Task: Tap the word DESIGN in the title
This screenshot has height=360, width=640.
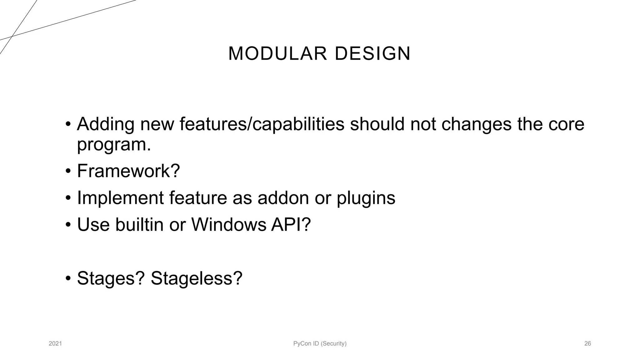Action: pos(372,53)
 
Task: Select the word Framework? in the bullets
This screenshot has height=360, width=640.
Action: pos(128,171)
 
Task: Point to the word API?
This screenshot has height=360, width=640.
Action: pos(291,225)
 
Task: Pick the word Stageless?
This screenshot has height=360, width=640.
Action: pos(196,278)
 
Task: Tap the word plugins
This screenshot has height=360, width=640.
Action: pos(366,198)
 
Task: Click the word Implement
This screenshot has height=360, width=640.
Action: pos(120,198)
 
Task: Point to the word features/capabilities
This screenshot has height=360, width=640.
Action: pos(262,124)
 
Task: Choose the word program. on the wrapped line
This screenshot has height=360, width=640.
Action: pos(114,145)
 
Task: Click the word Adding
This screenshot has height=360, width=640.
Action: pos(106,124)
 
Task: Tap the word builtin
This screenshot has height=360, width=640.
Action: pos(139,225)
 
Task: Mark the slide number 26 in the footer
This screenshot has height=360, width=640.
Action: pos(587,344)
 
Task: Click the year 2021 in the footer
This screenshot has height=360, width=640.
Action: pos(55,344)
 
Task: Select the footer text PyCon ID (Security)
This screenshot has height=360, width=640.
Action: pos(320,344)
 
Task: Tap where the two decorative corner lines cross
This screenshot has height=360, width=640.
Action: pos(12,37)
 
